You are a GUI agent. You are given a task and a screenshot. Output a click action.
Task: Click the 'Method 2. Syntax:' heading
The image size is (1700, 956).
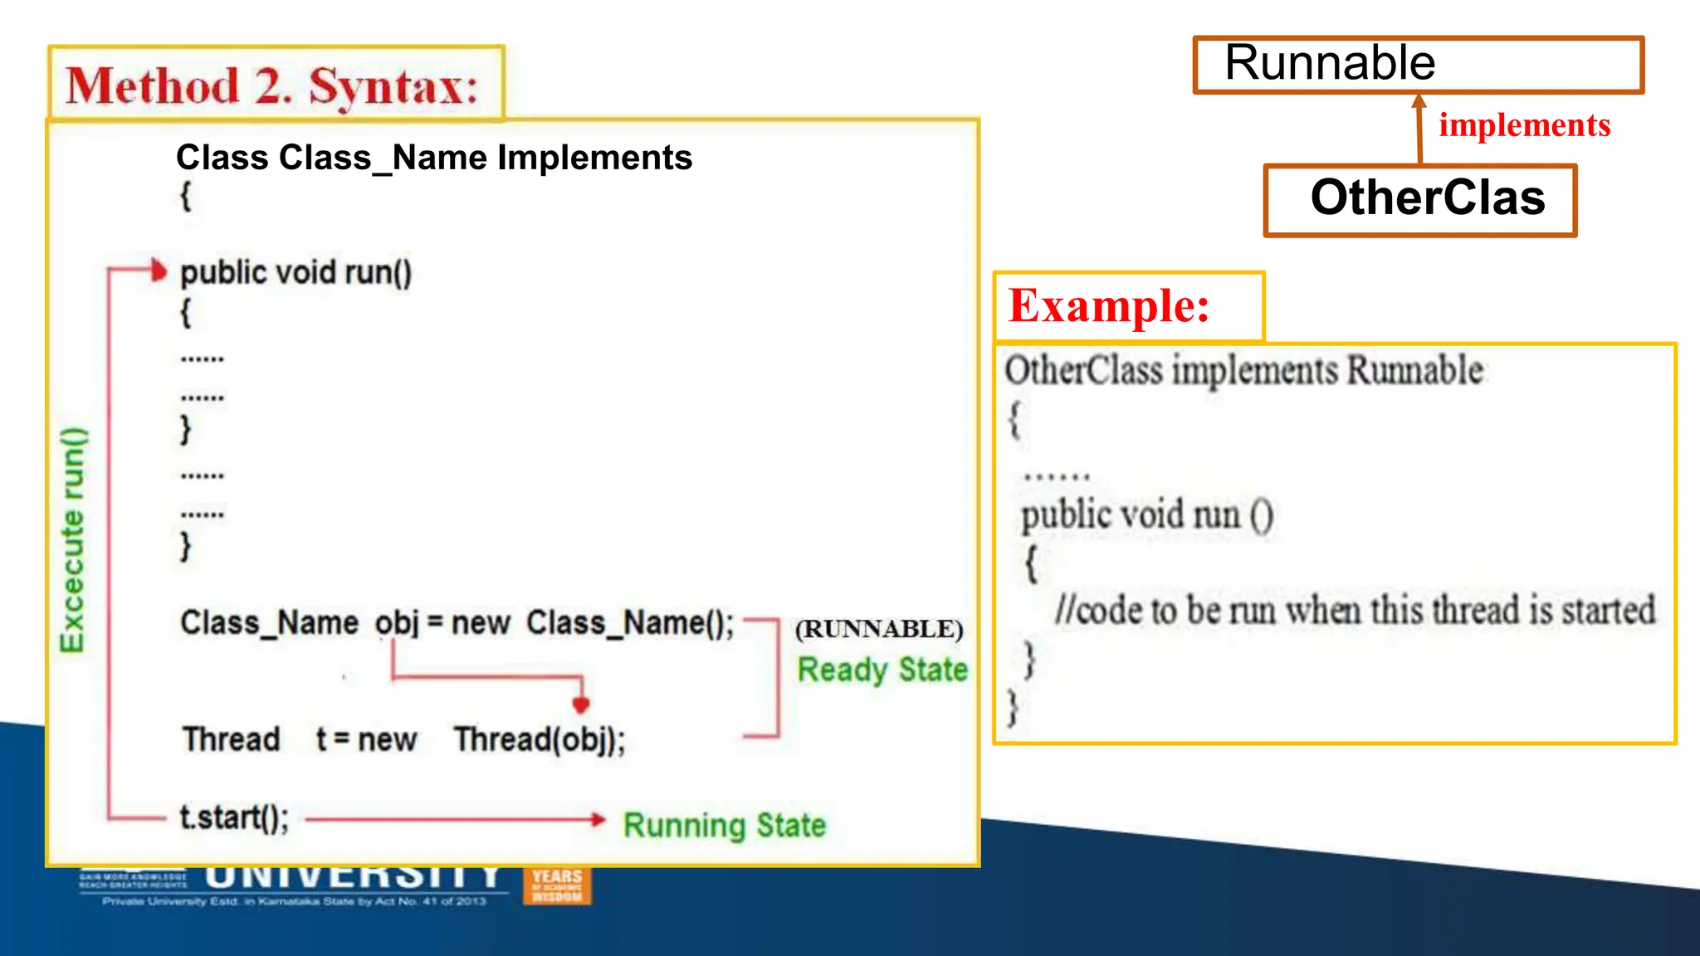(x=272, y=85)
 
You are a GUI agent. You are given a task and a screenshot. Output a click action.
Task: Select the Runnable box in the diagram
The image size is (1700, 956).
(x=1418, y=65)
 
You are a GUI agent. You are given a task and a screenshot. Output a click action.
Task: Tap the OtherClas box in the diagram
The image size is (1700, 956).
(x=1419, y=200)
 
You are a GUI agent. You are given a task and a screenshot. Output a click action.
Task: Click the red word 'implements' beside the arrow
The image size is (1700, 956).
(x=1524, y=125)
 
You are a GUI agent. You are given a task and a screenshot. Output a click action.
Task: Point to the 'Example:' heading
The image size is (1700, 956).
(x=1109, y=306)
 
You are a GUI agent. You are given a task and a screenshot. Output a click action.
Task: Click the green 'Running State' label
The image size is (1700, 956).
(x=724, y=825)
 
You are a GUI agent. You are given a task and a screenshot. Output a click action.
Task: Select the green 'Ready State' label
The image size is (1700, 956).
(x=882, y=670)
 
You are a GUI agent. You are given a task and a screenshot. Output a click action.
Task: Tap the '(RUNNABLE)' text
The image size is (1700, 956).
(x=879, y=629)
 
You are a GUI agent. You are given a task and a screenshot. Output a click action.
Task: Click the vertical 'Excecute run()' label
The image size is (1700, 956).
(x=73, y=539)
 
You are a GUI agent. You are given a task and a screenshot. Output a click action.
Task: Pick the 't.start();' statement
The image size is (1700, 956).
(x=234, y=818)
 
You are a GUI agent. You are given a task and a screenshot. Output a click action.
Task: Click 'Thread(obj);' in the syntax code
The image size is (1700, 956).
(x=540, y=739)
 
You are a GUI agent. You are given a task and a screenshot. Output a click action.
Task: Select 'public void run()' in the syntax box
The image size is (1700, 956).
(x=296, y=273)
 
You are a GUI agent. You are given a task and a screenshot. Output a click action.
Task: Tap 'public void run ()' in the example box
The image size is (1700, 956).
(x=1146, y=515)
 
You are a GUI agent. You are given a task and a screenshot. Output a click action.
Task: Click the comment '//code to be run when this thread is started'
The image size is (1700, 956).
(x=1355, y=610)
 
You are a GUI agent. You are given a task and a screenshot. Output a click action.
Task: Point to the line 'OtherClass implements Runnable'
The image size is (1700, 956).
(x=1243, y=370)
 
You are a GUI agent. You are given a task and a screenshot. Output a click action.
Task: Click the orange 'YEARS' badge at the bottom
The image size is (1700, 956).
(x=557, y=885)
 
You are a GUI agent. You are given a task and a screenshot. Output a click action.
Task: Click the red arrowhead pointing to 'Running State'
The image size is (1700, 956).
(x=598, y=819)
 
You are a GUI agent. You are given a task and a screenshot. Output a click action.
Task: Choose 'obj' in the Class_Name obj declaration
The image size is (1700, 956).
(x=396, y=623)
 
